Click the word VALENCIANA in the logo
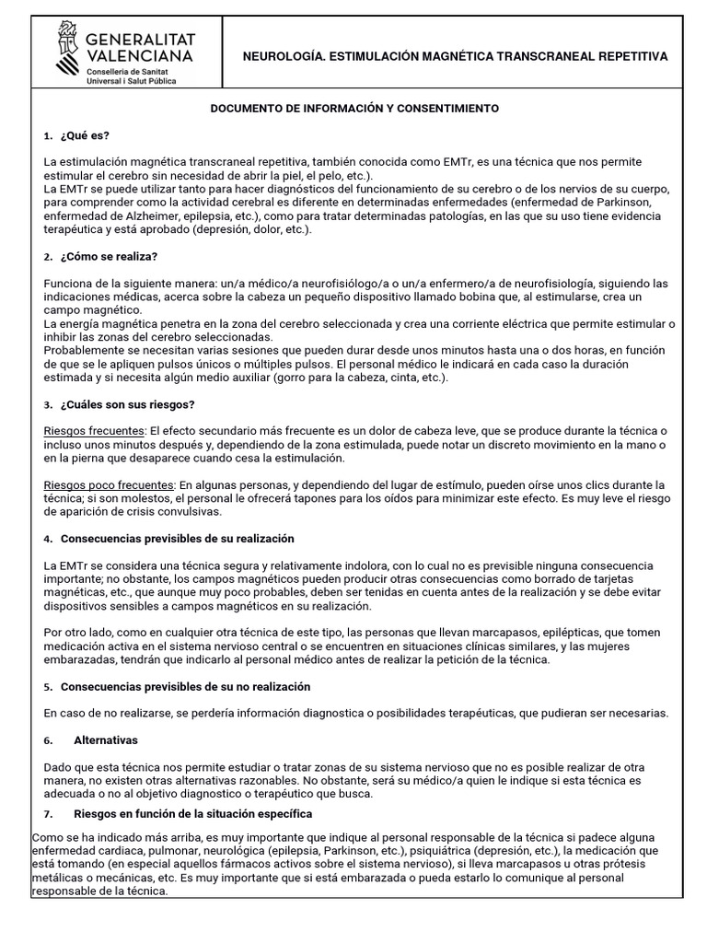(139, 56)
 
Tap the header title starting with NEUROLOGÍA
(454, 56)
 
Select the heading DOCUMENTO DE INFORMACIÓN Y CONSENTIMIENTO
(354, 109)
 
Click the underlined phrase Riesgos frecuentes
(94, 432)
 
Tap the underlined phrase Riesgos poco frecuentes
(108, 484)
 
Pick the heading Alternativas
(105, 739)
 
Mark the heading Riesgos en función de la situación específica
(192, 814)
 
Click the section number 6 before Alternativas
(48, 739)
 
